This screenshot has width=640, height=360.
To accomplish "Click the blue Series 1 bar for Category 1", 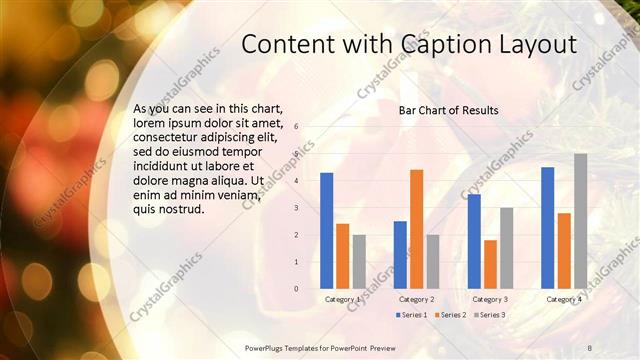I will [326, 230].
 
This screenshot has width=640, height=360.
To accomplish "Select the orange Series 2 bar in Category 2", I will [416, 228].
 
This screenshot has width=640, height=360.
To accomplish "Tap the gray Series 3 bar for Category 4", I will [580, 220].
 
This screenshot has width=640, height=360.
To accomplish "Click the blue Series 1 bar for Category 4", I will [548, 227].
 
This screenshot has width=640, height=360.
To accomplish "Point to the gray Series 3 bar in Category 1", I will [359, 261].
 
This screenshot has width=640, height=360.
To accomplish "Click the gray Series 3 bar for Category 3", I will [506, 247].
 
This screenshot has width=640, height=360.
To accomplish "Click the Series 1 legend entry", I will [411, 315].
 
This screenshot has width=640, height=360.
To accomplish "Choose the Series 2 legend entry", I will [449, 315].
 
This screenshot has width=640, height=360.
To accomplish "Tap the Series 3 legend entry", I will [487, 315].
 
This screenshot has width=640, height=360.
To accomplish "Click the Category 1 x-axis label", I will [343, 299].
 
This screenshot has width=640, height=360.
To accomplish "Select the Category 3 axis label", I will [490, 299].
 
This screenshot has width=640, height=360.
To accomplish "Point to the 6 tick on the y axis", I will [296, 127].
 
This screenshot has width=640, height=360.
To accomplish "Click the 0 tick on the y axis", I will [296, 288].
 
